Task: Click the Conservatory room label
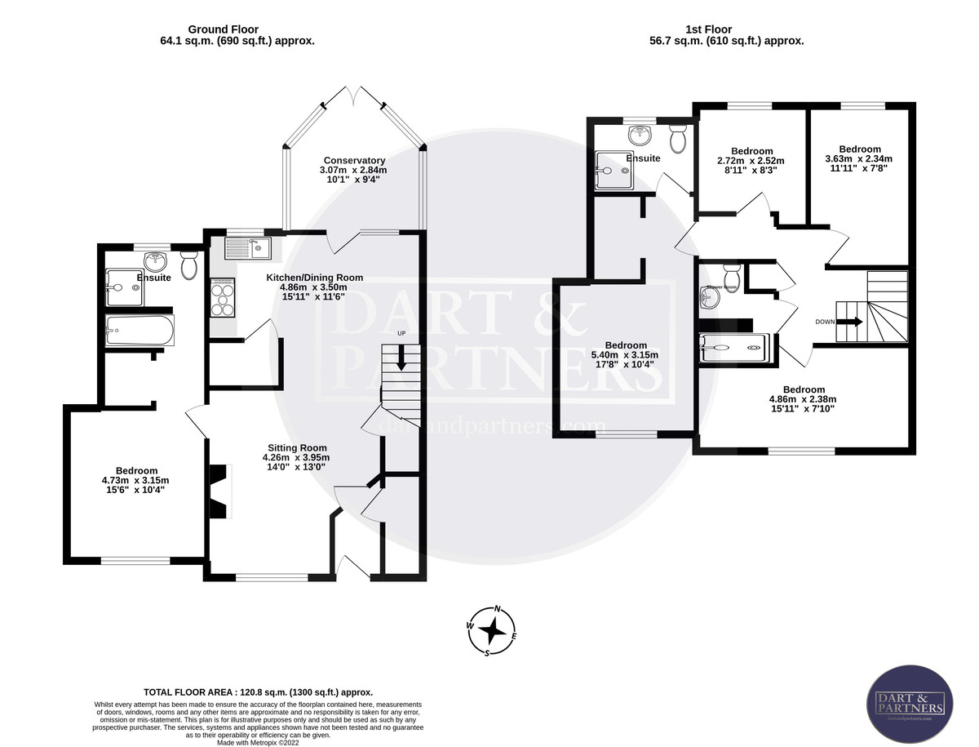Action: [x=353, y=161]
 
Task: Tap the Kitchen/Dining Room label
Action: [x=314, y=278]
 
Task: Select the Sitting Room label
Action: [x=297, y=447]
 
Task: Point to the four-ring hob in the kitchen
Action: [x=223, y=297]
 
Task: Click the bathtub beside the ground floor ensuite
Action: [x=140, y=331]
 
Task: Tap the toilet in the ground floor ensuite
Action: [x=189, y=265]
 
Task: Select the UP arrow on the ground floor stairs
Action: [x=401, y=357]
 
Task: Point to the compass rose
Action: [x=493, y=631]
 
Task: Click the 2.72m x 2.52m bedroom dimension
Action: [x=751, y=161]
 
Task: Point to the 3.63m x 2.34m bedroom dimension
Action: [x=859, y=159]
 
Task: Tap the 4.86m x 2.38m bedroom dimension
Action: [x=803, y=399]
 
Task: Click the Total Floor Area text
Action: [x=258, y=691]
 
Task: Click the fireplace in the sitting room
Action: [x=221, y=490]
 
